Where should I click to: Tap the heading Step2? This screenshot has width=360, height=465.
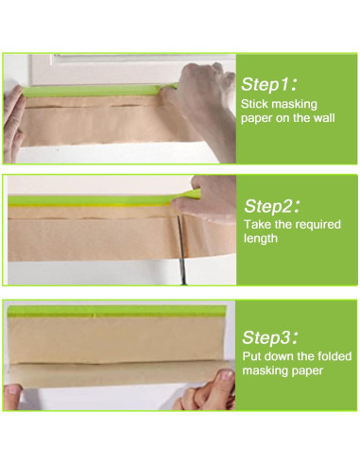(272, 206)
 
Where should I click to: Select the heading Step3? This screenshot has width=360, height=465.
(270, 337)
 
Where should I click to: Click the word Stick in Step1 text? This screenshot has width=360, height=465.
(254, 104)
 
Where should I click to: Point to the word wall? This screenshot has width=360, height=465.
(323, 118)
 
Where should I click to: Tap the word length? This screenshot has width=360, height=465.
(261, 238)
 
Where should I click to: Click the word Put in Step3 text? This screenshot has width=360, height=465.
(251, 356)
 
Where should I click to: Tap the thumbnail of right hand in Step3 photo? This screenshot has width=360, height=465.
(227, 375)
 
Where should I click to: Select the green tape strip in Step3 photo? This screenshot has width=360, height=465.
(116, 311)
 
